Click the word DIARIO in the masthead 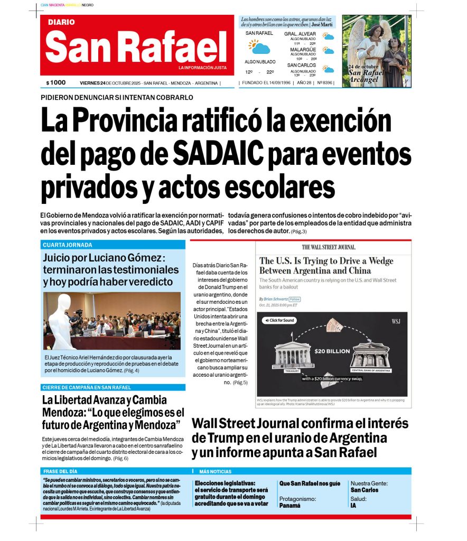[61, 22]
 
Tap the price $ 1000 [56, 82]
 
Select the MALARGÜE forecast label [303, 50]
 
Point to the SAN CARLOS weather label [302, 66]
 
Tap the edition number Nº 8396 [324, 83]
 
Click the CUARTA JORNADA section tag [68, 245]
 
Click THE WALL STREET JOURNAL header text [329, 247]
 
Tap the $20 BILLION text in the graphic [332, 351]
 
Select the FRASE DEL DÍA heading [60, 471]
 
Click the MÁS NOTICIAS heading [215, 471]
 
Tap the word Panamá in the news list [290, 505]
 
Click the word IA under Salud [353, 506]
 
